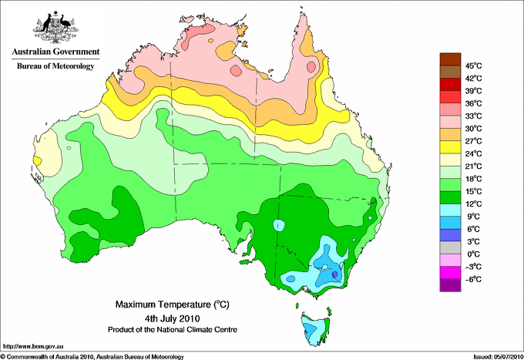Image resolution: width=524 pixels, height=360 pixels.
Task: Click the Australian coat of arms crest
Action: click(55, 27)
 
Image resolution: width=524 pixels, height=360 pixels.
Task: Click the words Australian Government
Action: click(55, 52)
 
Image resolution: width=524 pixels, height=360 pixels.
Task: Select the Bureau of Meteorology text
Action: click(55, 66)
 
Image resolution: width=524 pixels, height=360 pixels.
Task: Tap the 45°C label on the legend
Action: click(474, 66)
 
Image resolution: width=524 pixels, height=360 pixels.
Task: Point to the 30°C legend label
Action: click(474, 129)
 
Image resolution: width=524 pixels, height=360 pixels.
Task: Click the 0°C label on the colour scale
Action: click(473, 254)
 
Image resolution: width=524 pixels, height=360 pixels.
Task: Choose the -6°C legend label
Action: click(473, 279)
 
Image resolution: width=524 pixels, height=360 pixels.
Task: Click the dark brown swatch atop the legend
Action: click(450, 59)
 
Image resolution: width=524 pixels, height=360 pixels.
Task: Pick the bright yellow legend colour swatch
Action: click(450, 147)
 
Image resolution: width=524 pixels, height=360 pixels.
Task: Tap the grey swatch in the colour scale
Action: click(450, 247)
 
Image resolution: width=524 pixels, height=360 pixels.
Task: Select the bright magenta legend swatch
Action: click(450, 273)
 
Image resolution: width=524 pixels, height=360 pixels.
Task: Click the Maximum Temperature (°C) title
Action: click(173, 304)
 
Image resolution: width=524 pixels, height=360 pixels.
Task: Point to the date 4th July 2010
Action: click(173, 318)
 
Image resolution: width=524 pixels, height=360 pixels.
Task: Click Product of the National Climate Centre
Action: click(173, 330)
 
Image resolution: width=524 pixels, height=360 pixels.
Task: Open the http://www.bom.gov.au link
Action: click(32, 347)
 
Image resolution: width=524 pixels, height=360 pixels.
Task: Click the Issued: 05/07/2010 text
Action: click(498, 357)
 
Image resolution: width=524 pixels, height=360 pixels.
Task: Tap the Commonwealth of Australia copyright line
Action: click(92, 357)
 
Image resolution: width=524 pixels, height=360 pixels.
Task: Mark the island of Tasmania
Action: click(315, 328)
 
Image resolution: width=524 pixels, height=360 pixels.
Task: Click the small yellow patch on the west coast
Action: click(38, 161)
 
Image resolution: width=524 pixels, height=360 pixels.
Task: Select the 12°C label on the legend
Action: click(474, 204)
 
